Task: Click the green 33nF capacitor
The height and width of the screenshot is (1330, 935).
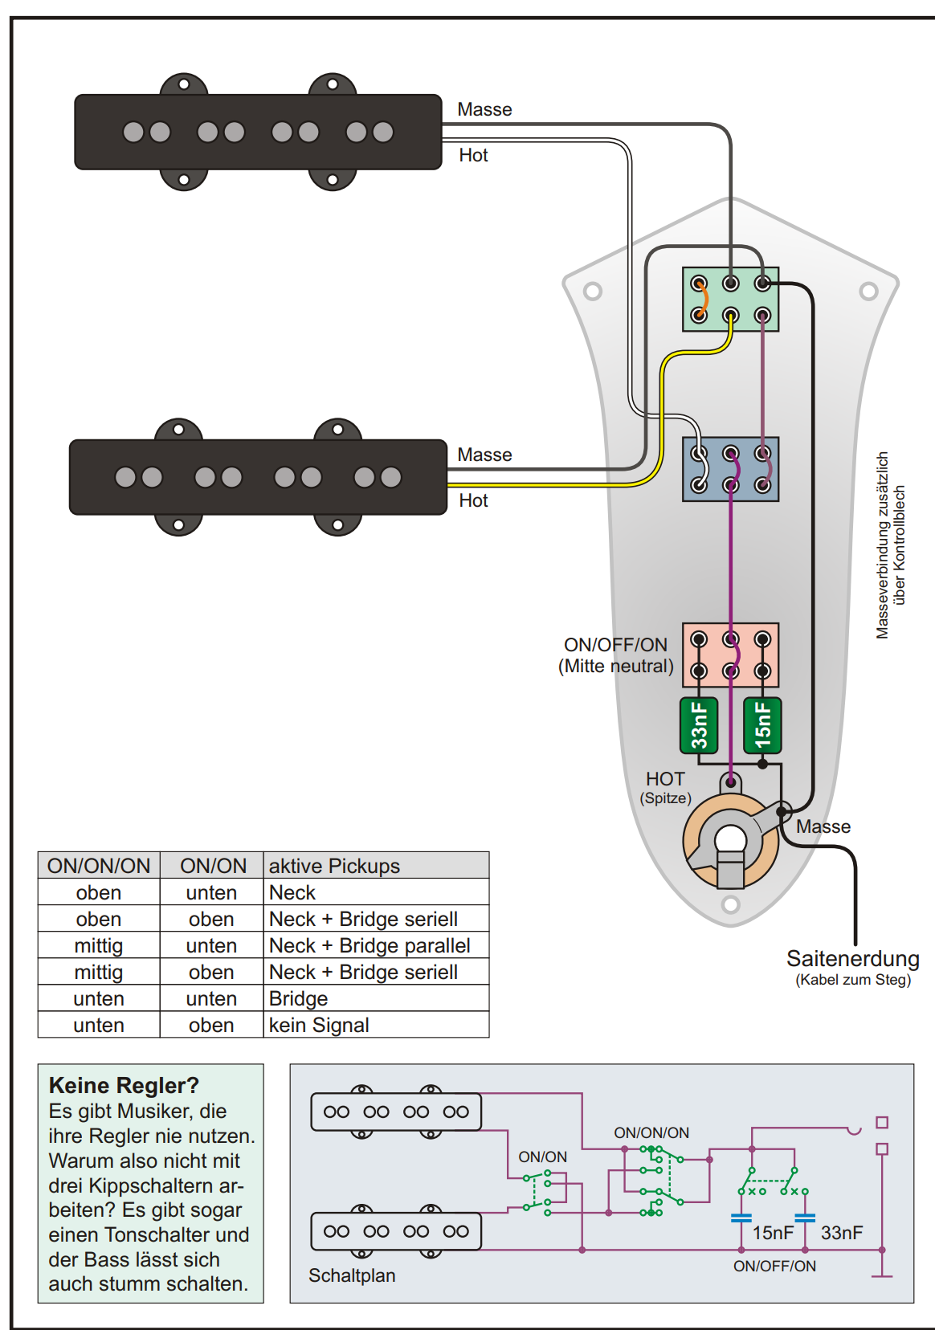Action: coord(699,725)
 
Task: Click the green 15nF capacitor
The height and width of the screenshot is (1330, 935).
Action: coord(763,725)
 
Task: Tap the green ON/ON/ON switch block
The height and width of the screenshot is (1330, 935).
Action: coord(731,300)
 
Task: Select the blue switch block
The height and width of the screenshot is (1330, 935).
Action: coord(731,469)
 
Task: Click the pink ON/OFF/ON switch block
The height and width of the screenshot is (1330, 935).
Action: coord(731,655)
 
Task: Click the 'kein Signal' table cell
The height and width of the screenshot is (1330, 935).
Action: coord(319,1026)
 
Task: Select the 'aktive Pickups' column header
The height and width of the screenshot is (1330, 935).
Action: coord(334,866)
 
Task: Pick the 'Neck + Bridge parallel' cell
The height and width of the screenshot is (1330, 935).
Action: coord(370,945)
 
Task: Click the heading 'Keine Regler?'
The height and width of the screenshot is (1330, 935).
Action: coord(124,1085)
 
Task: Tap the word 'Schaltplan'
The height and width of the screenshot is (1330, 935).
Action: coord(352,1275)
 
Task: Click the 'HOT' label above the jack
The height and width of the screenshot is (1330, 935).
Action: coord(665,779)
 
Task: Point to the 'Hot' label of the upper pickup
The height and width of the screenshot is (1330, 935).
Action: coord(473,156)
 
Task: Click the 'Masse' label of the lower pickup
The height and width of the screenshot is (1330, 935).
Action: coord(484,455)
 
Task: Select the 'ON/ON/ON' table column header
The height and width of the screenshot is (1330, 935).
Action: coord(99,866)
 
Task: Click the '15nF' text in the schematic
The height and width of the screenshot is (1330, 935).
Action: coord(773,1233)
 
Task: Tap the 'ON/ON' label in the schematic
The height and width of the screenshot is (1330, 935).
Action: coord(542,1157)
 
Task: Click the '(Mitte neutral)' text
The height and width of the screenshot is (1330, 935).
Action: coord(616,666)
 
